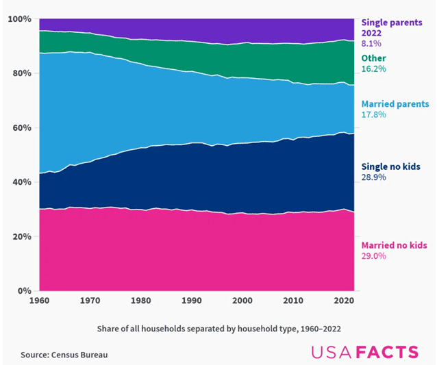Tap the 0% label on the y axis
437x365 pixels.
click(25, 291)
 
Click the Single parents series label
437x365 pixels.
click(392, 22)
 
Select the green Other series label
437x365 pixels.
click(374, 59)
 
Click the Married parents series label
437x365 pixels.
click(395, 104)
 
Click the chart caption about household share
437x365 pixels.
click(219, 329)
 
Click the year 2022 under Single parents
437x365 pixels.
click(373, 32)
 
